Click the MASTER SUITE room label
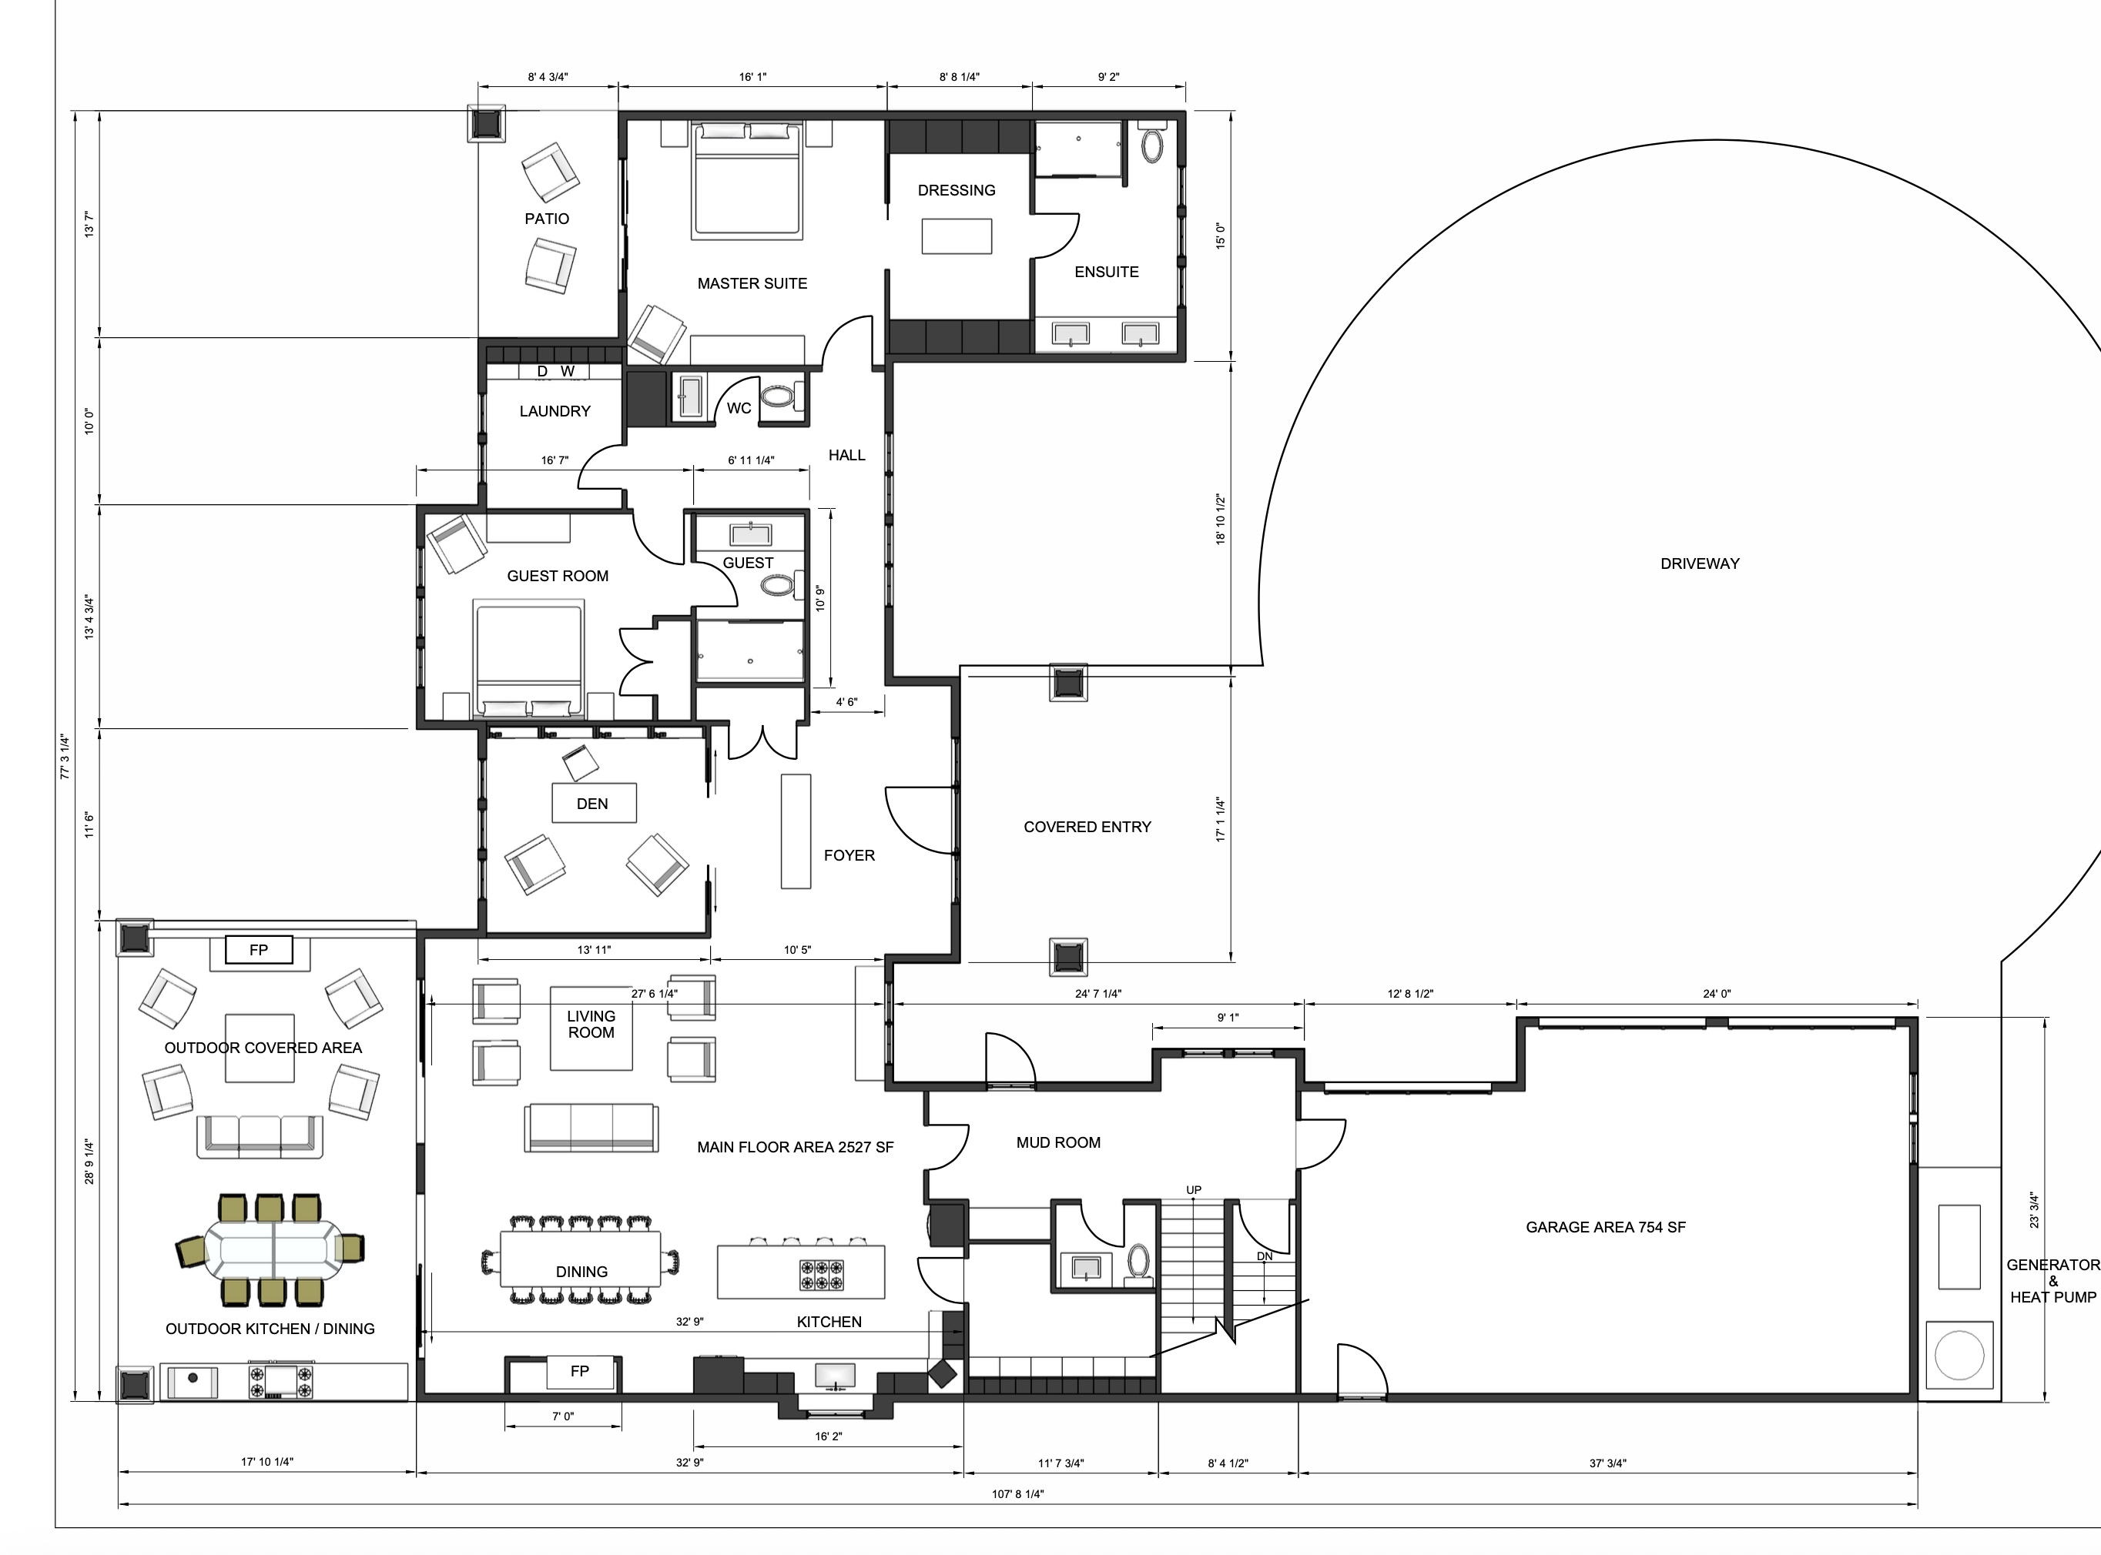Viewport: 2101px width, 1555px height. (x=752, y=283)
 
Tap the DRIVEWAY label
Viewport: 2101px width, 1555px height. (x=1700, y=563)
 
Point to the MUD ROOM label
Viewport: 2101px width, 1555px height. (x=1058, y=1142)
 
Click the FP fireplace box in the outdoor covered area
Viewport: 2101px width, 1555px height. (x=259, y=951)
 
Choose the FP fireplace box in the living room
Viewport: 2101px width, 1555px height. (x=580, y=1372)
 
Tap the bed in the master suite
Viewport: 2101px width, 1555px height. (x=748, y=179)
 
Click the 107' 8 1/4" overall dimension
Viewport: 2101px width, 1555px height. (x=1018, y=1494)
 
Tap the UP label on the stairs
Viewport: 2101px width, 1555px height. (x=1194, y=1190)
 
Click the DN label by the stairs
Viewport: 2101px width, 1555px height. (x=1265, y=1256)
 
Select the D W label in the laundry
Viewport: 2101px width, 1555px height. (x=555, y=372)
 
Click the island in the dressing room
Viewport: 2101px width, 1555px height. (x=957, y=236)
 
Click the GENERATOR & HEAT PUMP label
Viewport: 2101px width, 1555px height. (x=2053, y=1281)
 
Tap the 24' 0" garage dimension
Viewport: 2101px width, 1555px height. (x=1717, y=994)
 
